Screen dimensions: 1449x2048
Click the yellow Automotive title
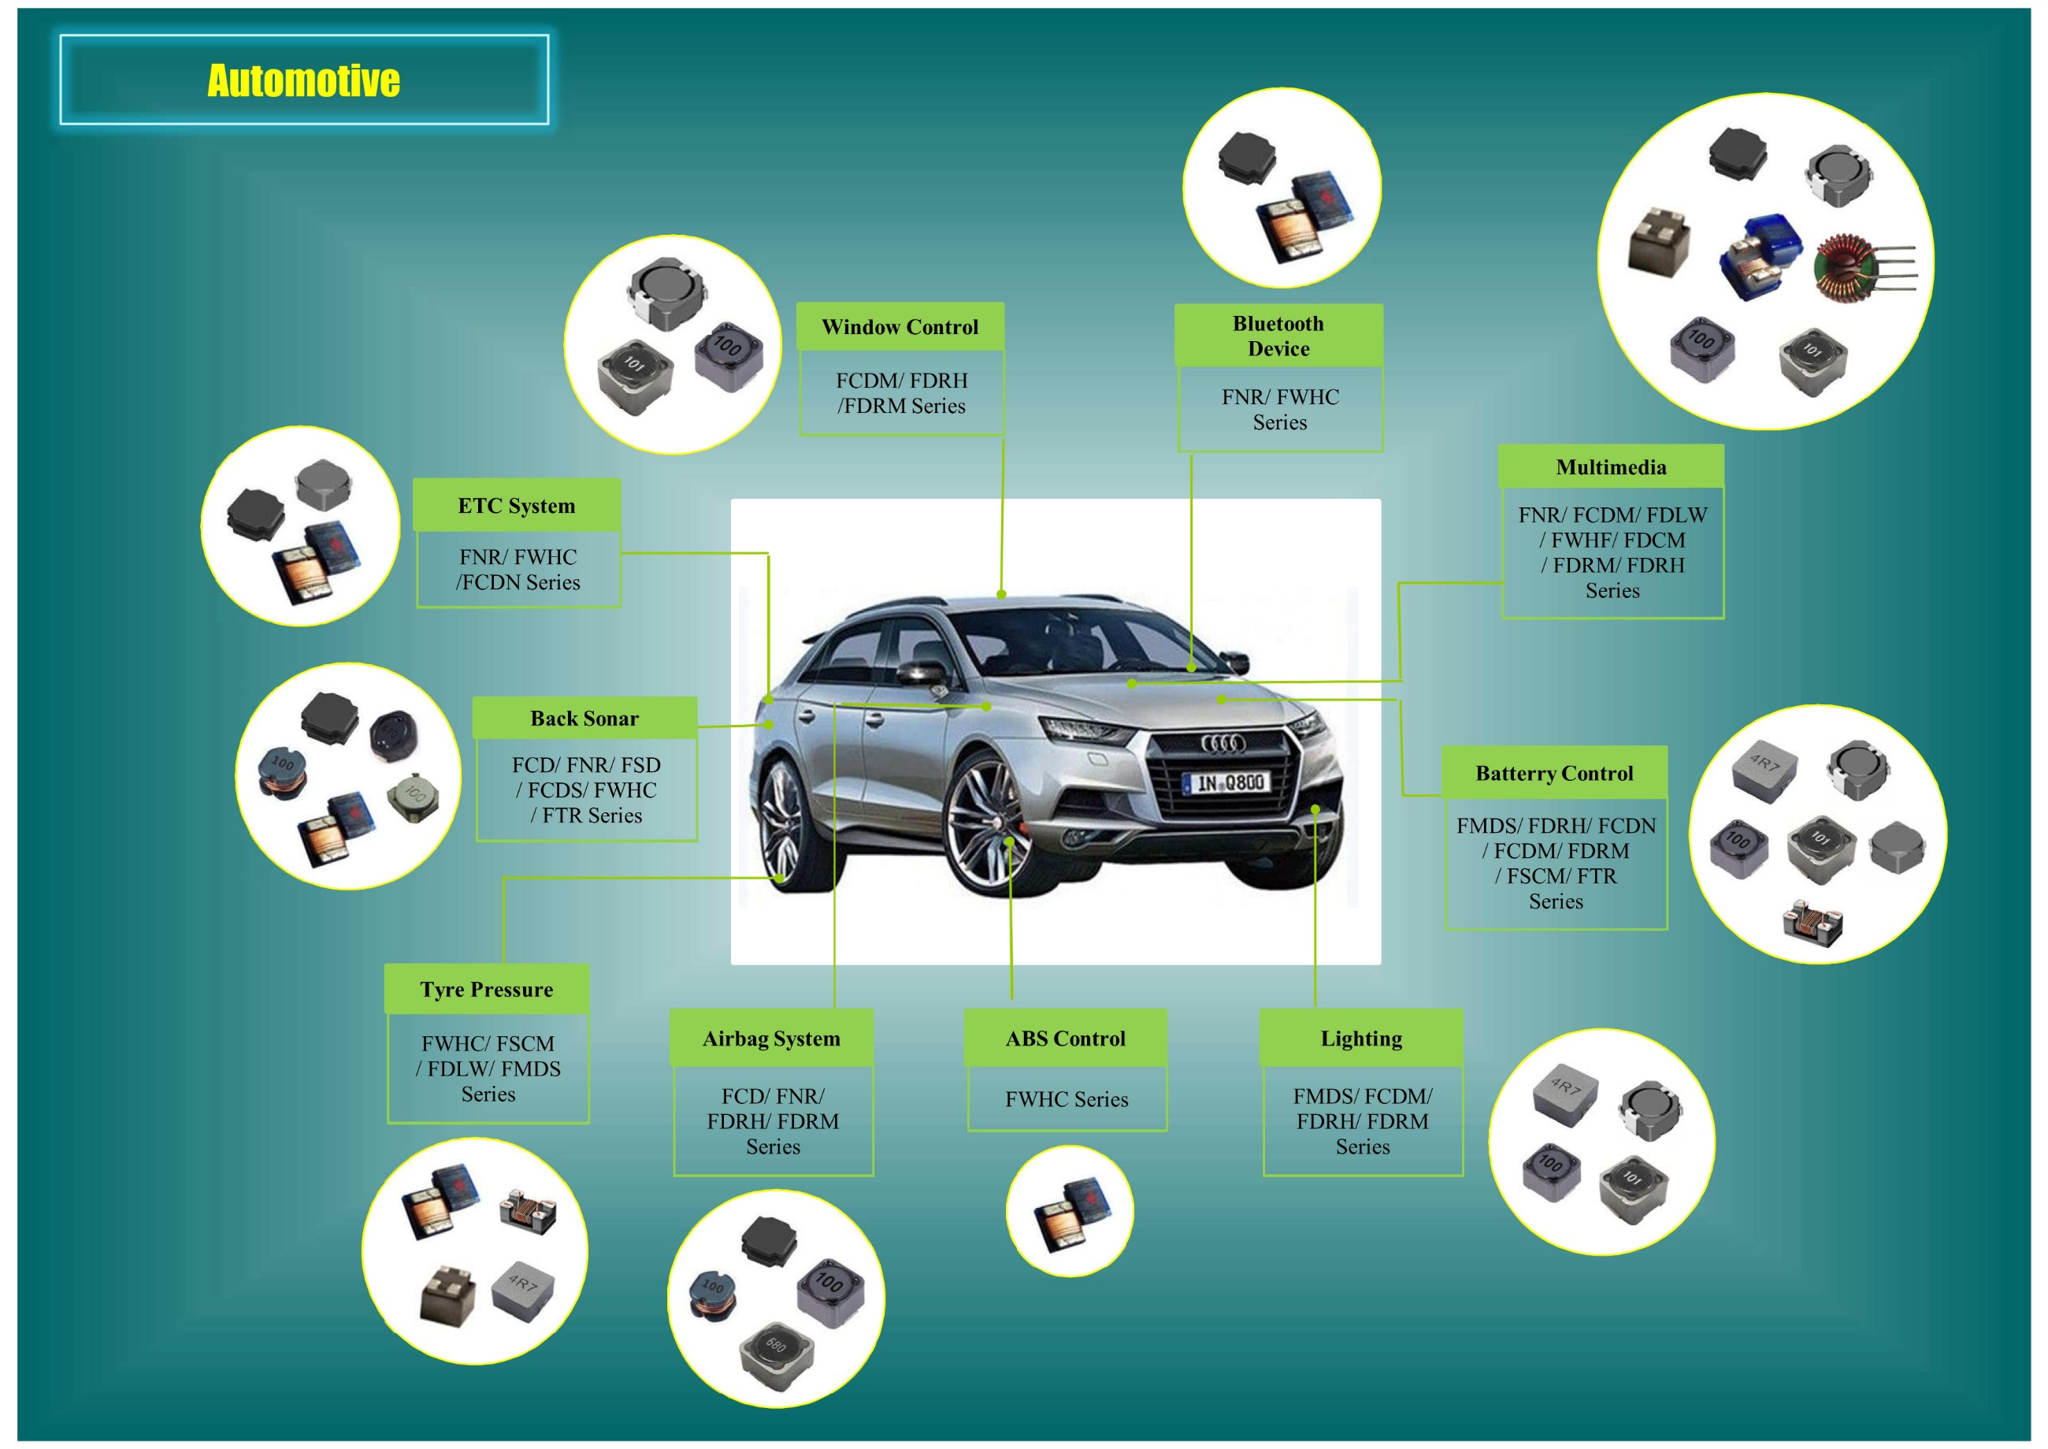click(303, 80)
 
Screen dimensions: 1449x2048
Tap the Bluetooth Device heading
click(1278, 336)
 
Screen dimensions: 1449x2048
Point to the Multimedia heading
click(1610, 467)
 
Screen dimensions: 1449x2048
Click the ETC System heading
click(517, 506)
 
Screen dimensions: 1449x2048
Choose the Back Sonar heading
click(584, 719)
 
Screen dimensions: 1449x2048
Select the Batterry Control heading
click(1554, 774)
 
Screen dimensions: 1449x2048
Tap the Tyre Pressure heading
click(486, 990)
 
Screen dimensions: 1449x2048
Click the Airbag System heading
click(772, 1038)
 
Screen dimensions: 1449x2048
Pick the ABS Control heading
click(1065, 1038)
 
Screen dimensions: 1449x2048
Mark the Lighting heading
click(1361, 1038)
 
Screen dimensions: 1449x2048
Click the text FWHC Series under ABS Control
click(1067, 1099)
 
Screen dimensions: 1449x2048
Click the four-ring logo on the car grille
click(1222, 743)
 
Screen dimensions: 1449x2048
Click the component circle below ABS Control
click(1069, 1212)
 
